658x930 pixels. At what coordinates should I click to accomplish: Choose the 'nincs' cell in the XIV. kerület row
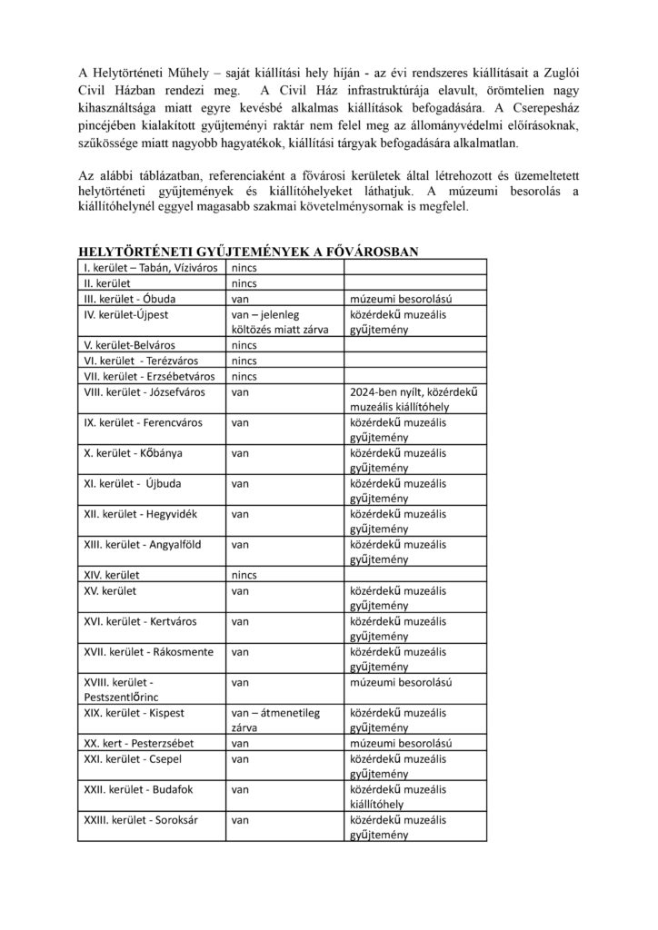click(244, 575)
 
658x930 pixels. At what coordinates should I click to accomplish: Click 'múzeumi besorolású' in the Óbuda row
click(401, 299)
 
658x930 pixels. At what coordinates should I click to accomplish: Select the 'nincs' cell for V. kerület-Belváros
click(244, 346)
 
